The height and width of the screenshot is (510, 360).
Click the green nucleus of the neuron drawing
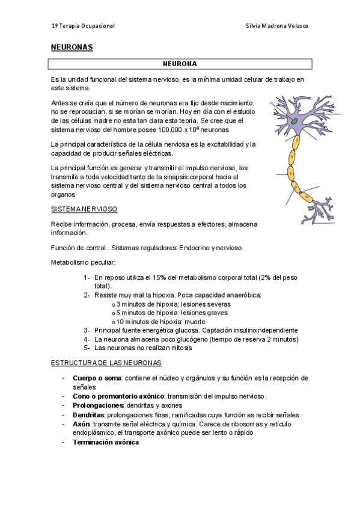click(295, 121)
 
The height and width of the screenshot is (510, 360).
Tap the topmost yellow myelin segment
click(295, 143)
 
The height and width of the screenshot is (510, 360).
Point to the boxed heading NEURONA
click(180, 63)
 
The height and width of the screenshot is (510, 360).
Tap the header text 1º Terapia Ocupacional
click(83, 26)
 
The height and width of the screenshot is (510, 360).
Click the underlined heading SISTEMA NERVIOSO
click(84, 209)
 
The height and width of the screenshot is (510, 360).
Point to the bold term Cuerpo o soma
click(97, 378)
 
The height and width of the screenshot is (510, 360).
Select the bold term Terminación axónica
click(106, 442)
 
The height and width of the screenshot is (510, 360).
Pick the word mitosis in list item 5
click(181, 348)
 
